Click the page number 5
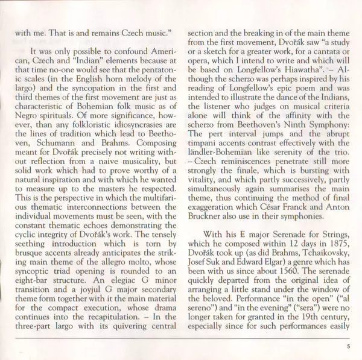point(349,346)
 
